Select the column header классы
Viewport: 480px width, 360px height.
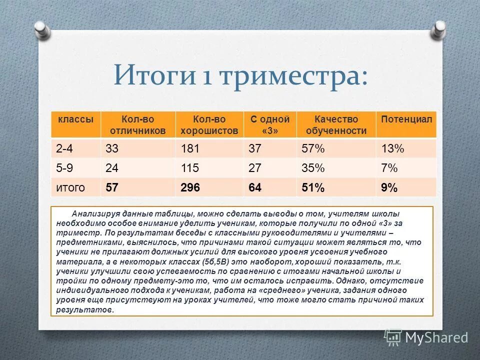point(75,119)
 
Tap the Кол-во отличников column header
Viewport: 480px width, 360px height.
point(137,125)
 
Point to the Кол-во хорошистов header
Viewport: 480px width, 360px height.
point(209,125)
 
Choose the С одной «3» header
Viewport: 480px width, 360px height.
point(270,125)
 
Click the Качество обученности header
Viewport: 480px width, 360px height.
point(336,125)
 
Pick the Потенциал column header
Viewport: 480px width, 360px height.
point(406,119)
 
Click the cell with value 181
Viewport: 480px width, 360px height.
point(189,149)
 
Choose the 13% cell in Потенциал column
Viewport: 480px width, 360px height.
point(392,149)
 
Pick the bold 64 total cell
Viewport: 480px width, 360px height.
point(255,188)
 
